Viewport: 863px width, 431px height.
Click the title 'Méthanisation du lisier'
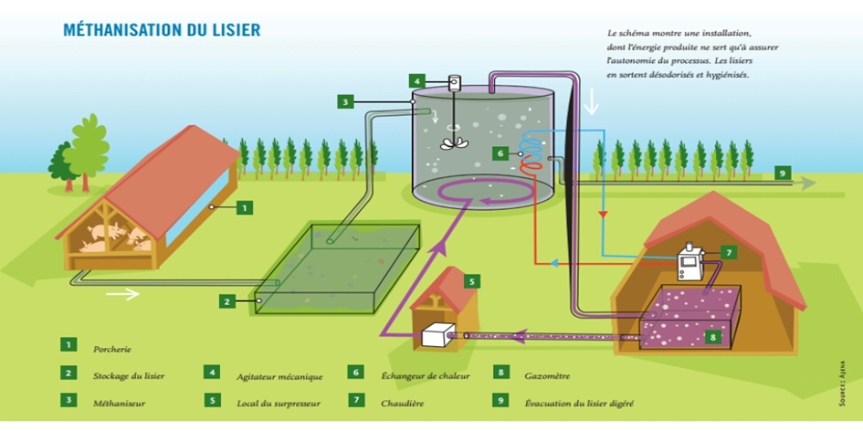pos(162,30)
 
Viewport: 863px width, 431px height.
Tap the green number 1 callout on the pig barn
pos(244,207)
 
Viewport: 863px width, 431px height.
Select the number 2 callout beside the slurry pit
pos(227,300)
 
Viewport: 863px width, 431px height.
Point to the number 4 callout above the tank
pos(416,81)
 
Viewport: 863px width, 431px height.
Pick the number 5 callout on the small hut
pos(471,281)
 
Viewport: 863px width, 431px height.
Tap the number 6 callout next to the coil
pos(500,153)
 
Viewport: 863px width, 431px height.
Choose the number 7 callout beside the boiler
pos(728,251)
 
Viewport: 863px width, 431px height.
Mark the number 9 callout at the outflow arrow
pos(782,172)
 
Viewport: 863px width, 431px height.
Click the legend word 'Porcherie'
pos(111,348)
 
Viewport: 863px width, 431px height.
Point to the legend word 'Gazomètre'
pos(549,374)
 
